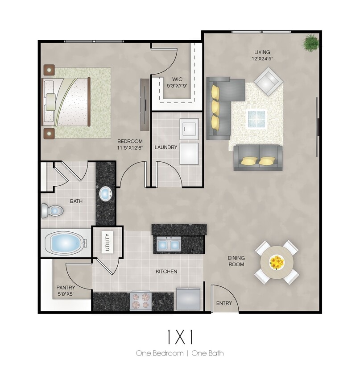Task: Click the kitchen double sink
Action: [x=169, y=244]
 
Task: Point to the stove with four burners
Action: [x=141, y=301]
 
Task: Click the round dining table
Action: [x=277, y=262]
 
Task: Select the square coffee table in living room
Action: [x=257, y=119]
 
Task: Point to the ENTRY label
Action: [x=224, y=303]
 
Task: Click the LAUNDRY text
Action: [x=166, y=147]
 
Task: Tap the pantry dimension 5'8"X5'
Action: [x=66, y=294]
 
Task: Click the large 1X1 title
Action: [x=180, y=337]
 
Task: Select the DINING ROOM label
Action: [x=236, y=261]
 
